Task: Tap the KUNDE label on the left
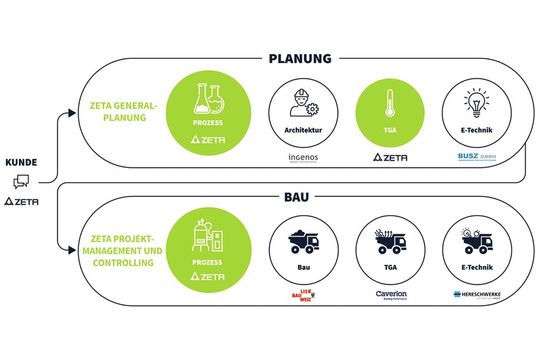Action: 22,161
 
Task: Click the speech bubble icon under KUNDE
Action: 20,181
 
